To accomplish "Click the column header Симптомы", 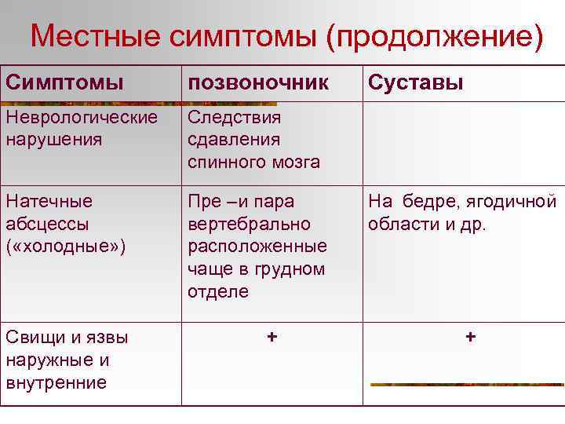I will [x=64, y=82].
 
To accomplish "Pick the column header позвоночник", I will [x=258, y=82].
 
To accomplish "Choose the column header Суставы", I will [x=415, y=82].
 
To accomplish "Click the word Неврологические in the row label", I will [x=81, y=118].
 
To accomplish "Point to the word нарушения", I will [x=53, y=140].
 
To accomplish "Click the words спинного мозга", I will [x=253, y=162].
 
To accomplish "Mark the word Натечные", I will [x=49, y=202].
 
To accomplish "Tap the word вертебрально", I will [x=249, y=224].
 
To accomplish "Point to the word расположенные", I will [x=257, y=246].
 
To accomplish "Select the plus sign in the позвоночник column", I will [x=272, y=336].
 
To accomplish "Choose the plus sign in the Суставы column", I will [x=470, y=336].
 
